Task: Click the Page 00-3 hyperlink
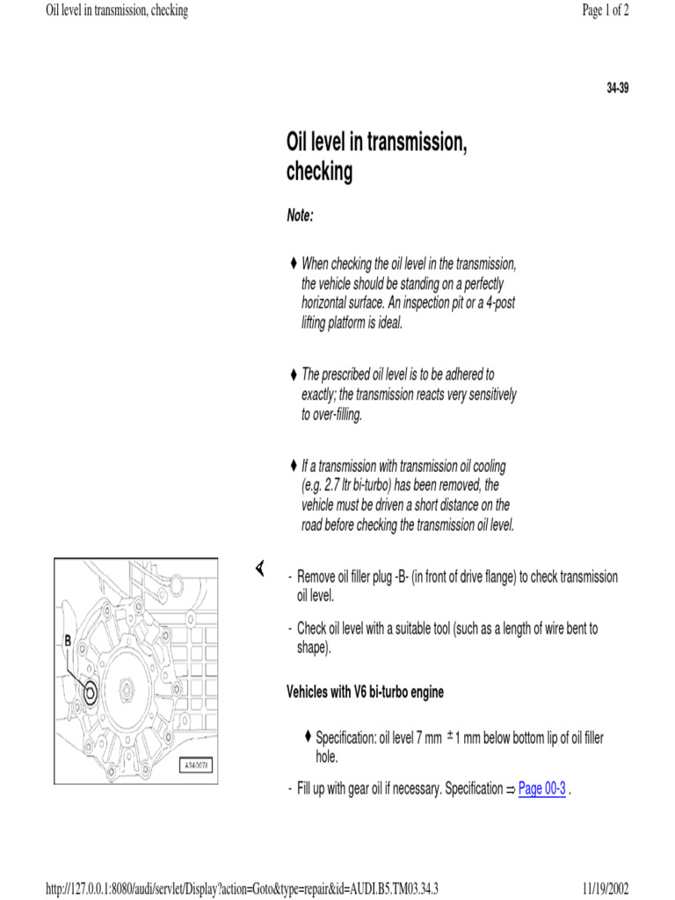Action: coord(541,788)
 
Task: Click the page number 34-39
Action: coord(618,89)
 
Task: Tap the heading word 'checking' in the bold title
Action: coord(319,172)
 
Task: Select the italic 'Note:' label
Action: coord(300,216)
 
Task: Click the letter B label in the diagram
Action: coord(68,642)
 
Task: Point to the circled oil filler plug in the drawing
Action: coord(90,694)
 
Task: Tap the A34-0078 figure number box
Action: coord(198,765)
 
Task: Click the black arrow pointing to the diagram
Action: coord(260,570)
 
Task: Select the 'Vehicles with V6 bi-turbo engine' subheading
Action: coord(365,692)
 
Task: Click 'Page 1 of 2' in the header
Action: coord(606,11)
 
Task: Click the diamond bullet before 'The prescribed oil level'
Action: coord(294,374)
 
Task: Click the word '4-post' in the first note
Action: coord(497,303)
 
